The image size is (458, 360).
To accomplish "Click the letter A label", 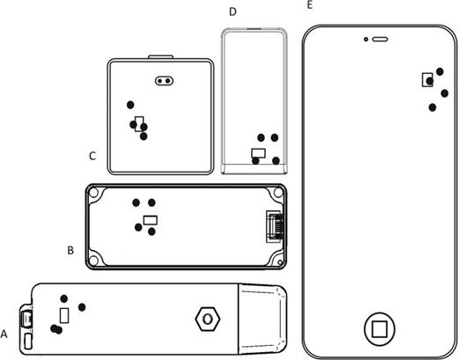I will pos(5,334).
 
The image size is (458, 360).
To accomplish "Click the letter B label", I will pos(70,250).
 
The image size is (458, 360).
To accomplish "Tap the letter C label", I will pos(92,156).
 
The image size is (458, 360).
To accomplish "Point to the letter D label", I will pos(233,11).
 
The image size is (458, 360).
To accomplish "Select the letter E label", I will pos(308,5).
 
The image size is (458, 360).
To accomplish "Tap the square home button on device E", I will pos(380,328).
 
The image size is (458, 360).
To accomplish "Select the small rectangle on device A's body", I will pos(63,315).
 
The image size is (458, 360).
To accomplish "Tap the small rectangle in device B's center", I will pos(151,219).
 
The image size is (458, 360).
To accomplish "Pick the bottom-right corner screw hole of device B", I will pos(277,261).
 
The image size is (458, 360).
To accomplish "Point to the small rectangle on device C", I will pos(138,122).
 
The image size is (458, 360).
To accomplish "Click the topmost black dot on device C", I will pos(130,104).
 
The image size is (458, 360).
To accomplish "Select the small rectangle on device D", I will pos(258,153).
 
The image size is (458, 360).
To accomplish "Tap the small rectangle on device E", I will pos(428,77).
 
